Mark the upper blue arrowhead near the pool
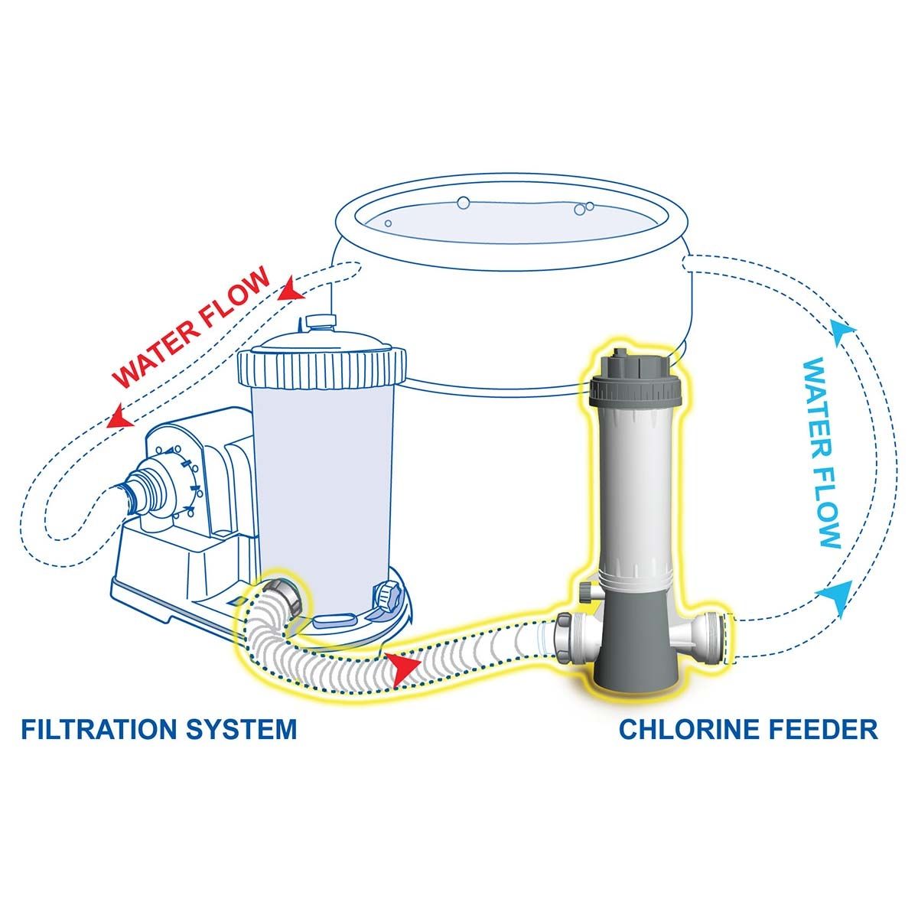(x=841, y=330)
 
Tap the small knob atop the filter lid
(x=315, y=322)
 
